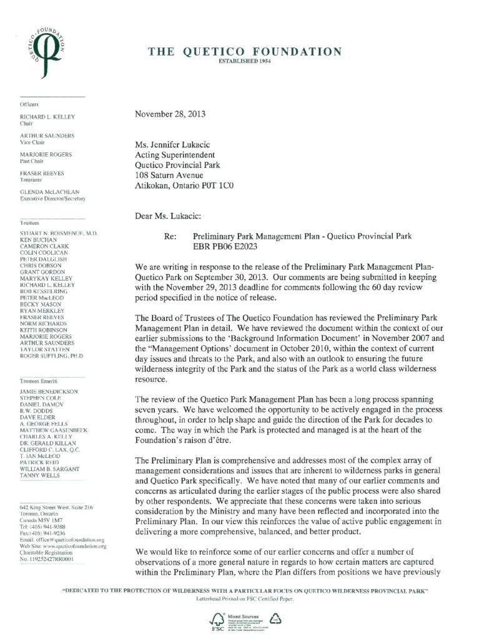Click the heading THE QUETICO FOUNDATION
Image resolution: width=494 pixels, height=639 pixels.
click(x=245, y=52)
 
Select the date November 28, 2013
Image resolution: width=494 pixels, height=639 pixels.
click(x=170, y=114)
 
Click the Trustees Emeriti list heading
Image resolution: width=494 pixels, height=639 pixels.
click(x=39, y=380)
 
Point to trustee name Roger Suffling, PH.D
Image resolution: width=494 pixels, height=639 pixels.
click(x=51, y=356)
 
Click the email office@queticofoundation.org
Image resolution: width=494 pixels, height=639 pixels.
click(x=69, y=540)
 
